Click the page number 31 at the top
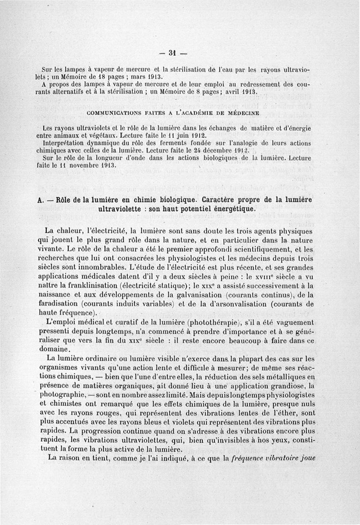click(x=171, y=52)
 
